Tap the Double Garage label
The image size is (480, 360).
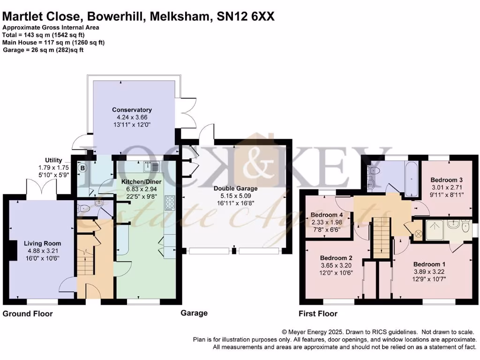(x=235, y=188)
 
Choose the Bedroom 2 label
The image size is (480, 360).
(x=336, y=258)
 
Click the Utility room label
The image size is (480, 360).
(x=53, y=160)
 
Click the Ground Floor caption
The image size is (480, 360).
(x=28, y=314)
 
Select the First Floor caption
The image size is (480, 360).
(x=318, y=314)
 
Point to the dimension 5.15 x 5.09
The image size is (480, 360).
(x=235, y=196)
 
